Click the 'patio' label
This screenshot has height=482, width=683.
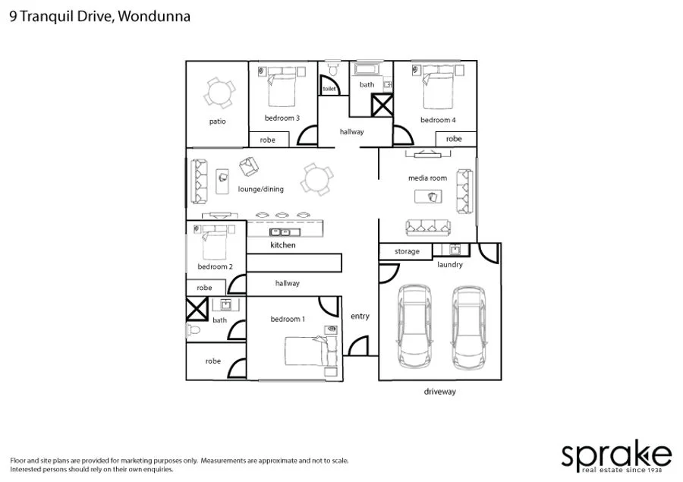click(x=217, y=121)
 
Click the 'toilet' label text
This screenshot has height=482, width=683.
click(x=329, y=89)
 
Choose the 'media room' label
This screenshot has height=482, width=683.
click(x=427, y=178)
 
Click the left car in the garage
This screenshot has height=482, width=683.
click(x=414, y=325)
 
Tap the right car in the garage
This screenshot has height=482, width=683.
click(x=468, y=325)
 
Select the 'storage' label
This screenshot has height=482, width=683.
click(x=407, y=251)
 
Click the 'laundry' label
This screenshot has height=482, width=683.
click(x=449, y=265)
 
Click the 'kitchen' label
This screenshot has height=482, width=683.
click(x=283, y=246)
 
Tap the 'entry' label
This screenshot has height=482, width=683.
click(x=360, y=317)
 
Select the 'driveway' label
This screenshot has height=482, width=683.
click(x=439, y=392)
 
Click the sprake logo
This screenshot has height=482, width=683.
click(x=615, y=456)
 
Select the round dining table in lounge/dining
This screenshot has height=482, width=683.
click(x=316, y=180)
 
